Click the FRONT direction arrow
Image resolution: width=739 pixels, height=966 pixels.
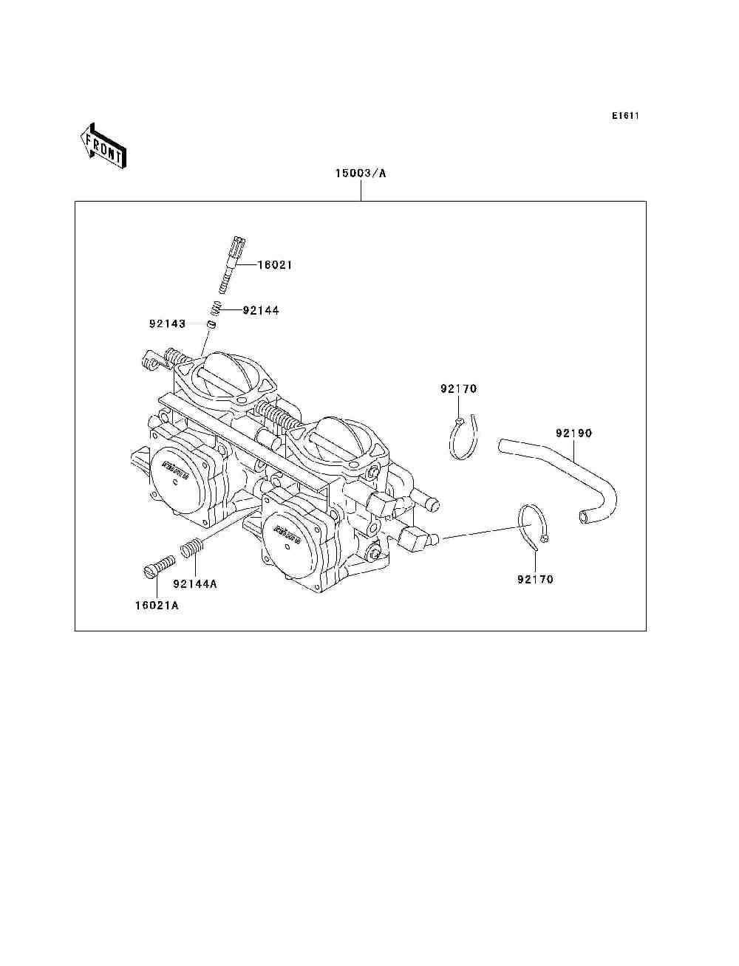tap(103, 145)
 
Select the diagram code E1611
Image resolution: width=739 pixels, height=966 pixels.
tap(624, 116)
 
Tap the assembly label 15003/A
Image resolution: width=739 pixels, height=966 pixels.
tap(361, 174)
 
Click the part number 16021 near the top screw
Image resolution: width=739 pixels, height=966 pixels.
tap(275, 264)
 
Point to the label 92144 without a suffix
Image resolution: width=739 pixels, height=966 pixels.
tap(261, 310)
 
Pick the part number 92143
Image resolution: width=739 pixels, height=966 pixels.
tap(167, 323)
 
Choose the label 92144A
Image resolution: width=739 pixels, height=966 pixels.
tap(195, 583)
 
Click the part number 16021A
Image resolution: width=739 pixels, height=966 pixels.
tap(157, 606)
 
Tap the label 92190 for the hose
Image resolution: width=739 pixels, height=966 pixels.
tap(573, 433)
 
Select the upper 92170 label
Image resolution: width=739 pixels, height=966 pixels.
tap(459, 388)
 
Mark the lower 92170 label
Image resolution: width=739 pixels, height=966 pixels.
tap(535, 579)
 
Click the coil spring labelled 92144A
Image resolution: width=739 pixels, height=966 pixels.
tap(191, 549)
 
